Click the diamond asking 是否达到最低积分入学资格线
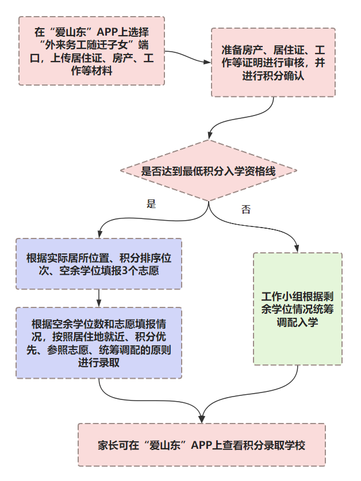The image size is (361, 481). tap(208, 171)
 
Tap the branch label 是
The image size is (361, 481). tap(151, 204)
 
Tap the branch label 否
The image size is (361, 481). tap(246, 210)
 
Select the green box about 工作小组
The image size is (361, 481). tap(297, 309)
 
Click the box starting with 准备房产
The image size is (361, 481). tap(273, 62)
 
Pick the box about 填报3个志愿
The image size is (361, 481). tap(99, 264)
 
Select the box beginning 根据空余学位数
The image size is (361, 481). tap(99, 343)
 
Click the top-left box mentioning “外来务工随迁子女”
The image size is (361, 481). tap(91, 51)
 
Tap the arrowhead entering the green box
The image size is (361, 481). tap(297, 249)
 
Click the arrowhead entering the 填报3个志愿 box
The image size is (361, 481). tap(99, 234)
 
